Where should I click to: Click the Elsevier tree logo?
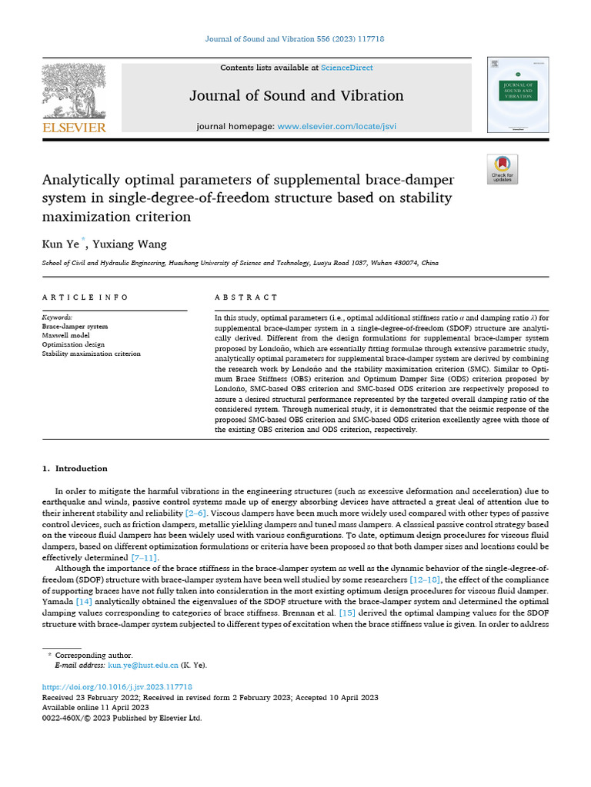73,91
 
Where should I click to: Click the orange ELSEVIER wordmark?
73,128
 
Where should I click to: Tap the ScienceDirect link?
347,68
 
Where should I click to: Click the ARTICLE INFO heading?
85,297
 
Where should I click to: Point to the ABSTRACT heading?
246,297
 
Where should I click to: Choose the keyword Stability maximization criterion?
91,354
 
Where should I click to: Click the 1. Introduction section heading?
76,468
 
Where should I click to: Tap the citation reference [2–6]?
195,512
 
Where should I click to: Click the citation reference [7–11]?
145,557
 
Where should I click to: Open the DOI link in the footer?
116,686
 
